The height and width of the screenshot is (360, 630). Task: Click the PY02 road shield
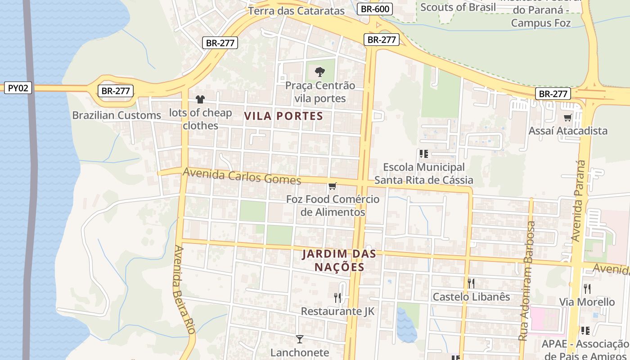coord(18,88)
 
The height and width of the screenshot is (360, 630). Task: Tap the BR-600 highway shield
coord(375,9)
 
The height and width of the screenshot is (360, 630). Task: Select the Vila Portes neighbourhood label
coord(283,116)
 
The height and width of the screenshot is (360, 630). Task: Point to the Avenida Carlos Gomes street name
coord(242,176)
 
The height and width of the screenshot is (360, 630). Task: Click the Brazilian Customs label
coord(117,115)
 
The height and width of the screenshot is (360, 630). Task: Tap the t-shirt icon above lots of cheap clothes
coord(200,99)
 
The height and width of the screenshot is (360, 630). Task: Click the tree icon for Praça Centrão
coord(319,72)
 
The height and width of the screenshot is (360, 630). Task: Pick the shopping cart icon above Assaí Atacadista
coord(567,118)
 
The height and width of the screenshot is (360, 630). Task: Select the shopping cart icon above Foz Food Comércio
coord(333,186)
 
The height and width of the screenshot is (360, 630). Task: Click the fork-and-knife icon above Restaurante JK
coord(337,297)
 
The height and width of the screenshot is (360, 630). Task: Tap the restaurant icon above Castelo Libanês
coord(471,283)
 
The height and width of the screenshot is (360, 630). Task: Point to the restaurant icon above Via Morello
coord(587,288)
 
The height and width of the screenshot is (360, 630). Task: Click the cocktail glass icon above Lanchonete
coord(299,339)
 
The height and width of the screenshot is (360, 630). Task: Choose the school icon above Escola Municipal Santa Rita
coord(423,154)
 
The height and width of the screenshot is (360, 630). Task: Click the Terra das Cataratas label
coord(296,11)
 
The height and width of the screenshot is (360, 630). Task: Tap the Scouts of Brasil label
coord(458,7)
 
